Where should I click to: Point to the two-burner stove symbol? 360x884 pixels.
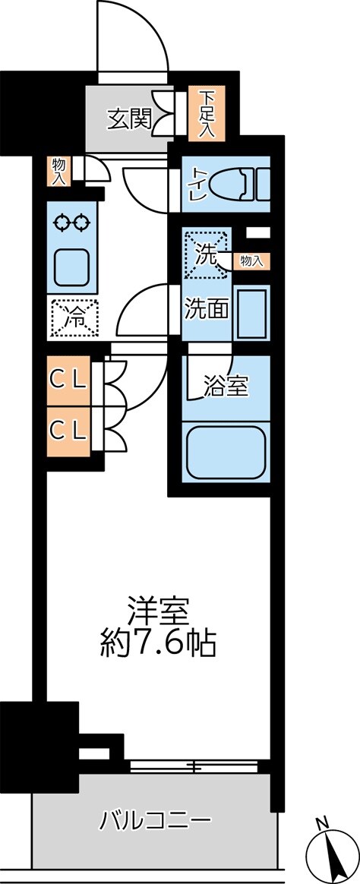click(x=72, y=223)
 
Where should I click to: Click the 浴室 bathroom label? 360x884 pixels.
click(x=226, y=386)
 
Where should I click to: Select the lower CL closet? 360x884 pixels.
click(x=68, y=431)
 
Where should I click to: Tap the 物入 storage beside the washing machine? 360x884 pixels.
click(x=251, y=261)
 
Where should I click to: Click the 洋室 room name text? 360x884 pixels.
click(x=157, y=611)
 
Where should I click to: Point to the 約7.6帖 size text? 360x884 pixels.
click(x=157, y=645)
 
